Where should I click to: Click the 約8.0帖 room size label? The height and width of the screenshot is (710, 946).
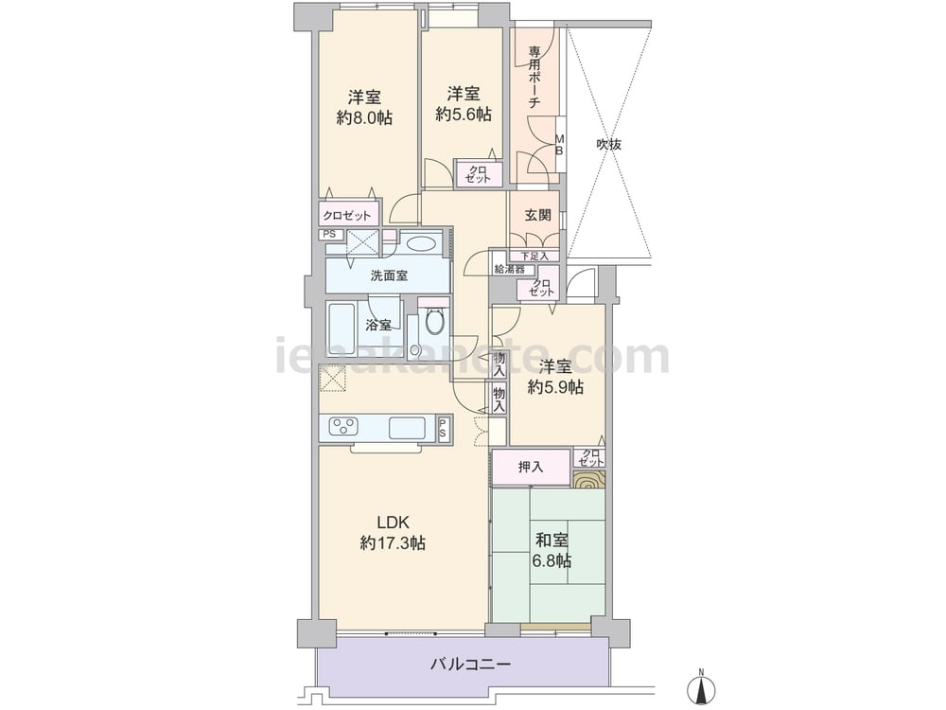tap(364, 117)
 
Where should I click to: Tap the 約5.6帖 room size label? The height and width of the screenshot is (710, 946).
tap(464, 115)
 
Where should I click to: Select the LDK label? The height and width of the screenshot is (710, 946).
tap(393, 522)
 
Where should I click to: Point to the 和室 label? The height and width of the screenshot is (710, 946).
tap(552, 540)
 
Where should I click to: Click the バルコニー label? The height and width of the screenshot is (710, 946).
tap(470, 665)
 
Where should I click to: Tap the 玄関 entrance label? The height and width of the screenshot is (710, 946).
tap(537, 215)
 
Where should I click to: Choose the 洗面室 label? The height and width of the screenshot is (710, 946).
tap(389, 275)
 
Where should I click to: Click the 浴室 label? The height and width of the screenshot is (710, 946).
tap(378, 326)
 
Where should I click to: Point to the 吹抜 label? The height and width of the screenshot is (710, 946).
tap(608, 144)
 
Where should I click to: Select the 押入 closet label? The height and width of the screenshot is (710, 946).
tap(531, 467)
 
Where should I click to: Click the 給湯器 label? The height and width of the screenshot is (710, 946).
tap(510, 269)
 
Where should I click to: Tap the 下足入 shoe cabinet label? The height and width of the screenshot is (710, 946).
tap(535, 256)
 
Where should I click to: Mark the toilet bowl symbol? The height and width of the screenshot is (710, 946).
tap(434, 321)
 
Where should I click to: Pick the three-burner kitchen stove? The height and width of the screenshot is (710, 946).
tap(344, 427)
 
